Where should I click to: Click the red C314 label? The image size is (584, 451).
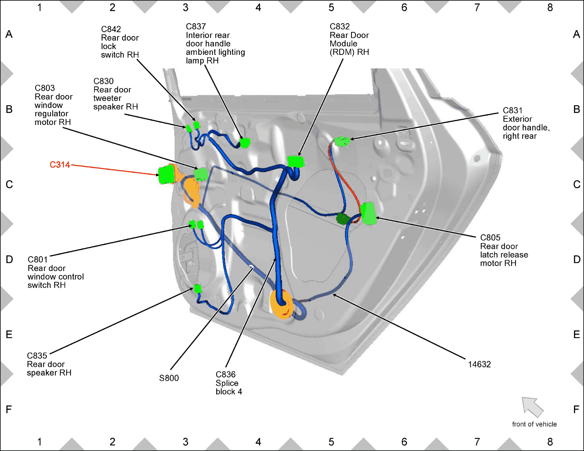pyautogui.click(x=60, y=165)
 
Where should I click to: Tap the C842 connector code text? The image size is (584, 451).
pyautogui.click(x=111, y=29)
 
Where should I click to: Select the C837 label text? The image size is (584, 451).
pyautogui.click(x=196, y=27)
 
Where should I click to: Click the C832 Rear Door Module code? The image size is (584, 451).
pyautogui.click(x=340, y=27)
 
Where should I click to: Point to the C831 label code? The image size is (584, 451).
pyautogui.click(x=513, y=110)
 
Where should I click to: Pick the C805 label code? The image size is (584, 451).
pyautogui.click(x=490, y=237)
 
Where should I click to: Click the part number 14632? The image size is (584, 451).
pyautogui.click(x=479, y=364)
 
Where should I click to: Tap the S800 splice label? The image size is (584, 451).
pyautogui.click(x=169, y=378)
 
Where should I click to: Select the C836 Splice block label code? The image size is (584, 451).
pyautogui.click(x=226, y=374)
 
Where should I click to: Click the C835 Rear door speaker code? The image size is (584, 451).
pyautogui.click(x=37, y=355)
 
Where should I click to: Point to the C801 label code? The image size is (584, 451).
pyautogui.click(x=38, y=259)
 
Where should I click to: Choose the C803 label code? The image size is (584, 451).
pyautogui.click(x=45, y=88)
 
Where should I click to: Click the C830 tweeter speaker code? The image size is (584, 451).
pyautogui.click(x=103, y=81)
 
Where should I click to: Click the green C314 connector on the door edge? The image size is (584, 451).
pyautogui.click(x=166, y=174)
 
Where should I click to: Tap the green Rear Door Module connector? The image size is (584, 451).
pyautogui.click(x=296, y=162)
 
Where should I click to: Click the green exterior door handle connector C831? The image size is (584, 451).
pyautogui.click(x=342, y=141)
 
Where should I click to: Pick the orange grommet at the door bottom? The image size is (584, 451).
pyautogui.click(x=282, y=304)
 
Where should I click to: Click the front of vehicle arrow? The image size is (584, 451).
pyautogui.click(x=532, y=407)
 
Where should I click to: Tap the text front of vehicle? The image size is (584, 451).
pyautogui.click(x=534, y=424)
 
